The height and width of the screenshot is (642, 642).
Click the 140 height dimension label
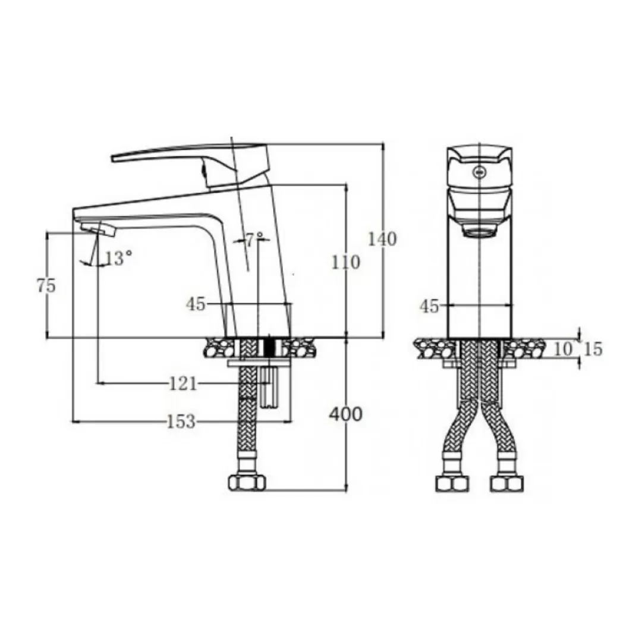(382, 240)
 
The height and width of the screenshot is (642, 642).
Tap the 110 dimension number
(345, 263)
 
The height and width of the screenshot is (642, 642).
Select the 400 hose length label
(346, 415)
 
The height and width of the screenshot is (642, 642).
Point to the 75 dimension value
(46, 285)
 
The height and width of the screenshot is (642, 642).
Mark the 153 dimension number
(181, 421)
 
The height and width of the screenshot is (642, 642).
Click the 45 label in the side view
(196, 304)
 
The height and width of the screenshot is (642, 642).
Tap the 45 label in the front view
(430, 306)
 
